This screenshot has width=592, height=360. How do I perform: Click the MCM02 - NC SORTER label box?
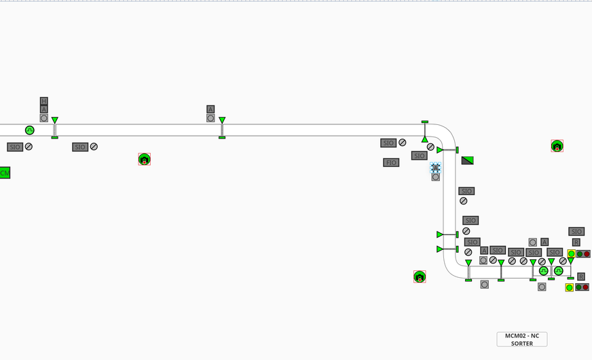tap(521, 339)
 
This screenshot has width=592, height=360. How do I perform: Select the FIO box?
tap(390, 162)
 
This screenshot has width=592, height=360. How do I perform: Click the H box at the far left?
tap(44, 101)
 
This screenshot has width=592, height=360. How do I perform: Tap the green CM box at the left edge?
tap(5, 173)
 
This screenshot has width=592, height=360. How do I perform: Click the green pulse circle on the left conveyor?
tap(30, 130)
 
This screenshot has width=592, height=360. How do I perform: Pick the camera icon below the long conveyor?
tap(144, 159)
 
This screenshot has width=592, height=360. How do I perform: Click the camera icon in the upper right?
tap(557, 146)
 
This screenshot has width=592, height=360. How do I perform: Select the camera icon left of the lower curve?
tap(420, 276)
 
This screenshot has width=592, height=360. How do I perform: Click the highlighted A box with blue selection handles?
tap(435, 167)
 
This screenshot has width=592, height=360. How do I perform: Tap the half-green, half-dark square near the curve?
tap(467, 160)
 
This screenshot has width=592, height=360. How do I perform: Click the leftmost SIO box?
tap(15, 147)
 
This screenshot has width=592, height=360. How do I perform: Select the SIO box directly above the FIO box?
tap(388, 143)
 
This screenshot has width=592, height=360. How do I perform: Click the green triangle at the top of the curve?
tap(424, 139)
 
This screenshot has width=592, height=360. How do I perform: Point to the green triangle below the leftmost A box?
tap(55, 120)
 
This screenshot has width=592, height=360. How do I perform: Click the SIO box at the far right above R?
tap(576, 232)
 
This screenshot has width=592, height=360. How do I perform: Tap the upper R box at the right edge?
tap(576, 242)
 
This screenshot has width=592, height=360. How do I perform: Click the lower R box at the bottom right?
tap(580, 276)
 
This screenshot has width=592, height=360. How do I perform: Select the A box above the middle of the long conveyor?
tap(210, 109)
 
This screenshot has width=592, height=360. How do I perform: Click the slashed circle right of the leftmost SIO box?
tap(29, 147)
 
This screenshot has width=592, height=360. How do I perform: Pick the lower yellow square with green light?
tap(570, 287)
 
